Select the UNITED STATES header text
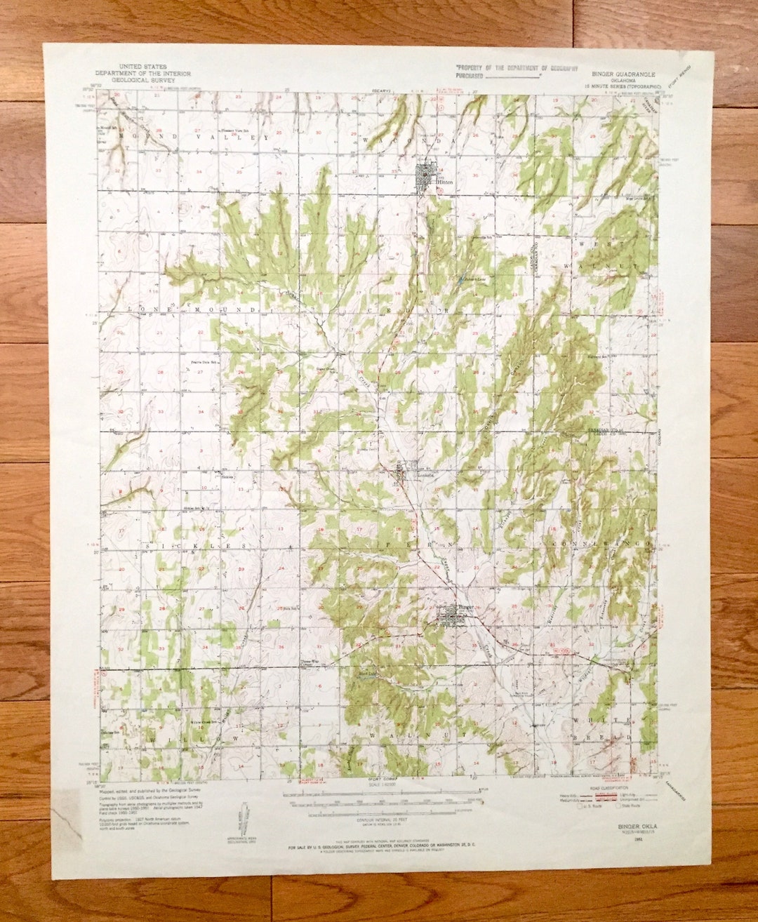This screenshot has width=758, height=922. [x=143, y=67]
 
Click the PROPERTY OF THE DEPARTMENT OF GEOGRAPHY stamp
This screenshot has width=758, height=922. [x=516, y=68]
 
